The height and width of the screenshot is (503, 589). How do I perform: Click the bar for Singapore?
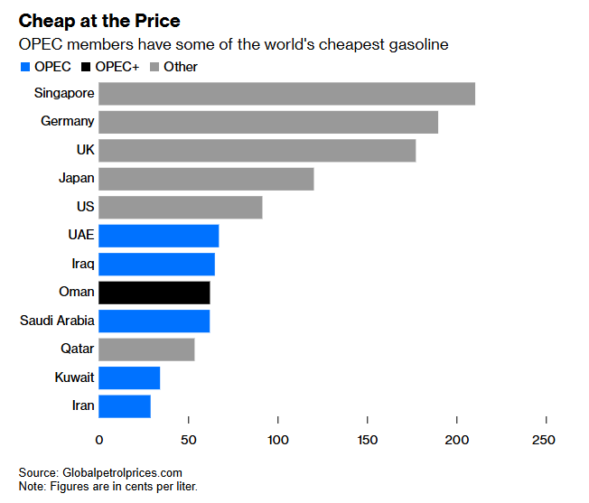[x=286, y=93]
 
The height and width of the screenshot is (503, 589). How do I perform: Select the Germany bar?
[x=268, y=122]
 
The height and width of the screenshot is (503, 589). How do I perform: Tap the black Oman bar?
[x=154, y=293]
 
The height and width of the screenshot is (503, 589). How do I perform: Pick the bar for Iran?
[x=125, y=406]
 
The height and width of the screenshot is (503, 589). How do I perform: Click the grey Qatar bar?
[x=146, y=349]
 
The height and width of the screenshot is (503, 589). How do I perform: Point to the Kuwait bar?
[x=129, y=377]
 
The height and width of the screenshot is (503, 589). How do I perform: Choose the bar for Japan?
[x=206, y=179]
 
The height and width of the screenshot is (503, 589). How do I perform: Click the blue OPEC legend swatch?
[x=24, y=67]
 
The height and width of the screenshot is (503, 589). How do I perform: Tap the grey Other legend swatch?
[x=154, y=67]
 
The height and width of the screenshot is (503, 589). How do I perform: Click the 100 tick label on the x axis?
[x=278, y=441]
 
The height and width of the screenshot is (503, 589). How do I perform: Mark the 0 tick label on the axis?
[x=99, y=441]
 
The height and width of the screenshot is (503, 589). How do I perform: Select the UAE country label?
[x=80, y=236]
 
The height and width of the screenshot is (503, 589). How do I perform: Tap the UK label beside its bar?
[x=85, y=150]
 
